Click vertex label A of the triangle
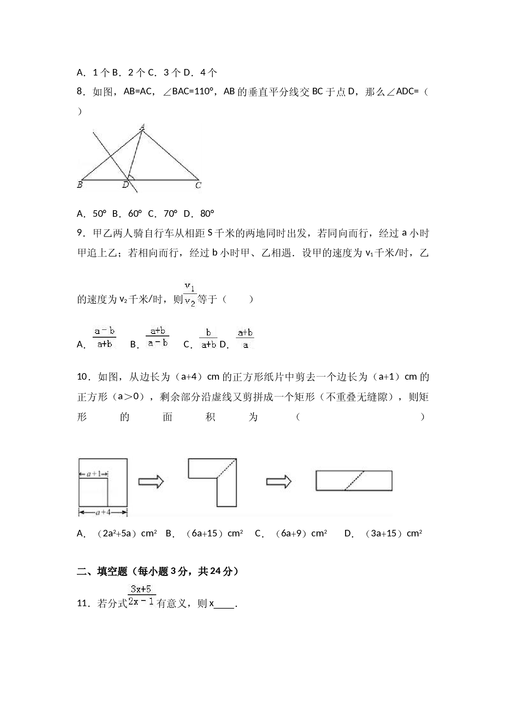click(x=142, y=127)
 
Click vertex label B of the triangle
click(x=80, y=185)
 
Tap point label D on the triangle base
click(x=126, y=185)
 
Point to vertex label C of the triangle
click(x=198, y=185)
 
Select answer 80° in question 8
click(x=207, y=213)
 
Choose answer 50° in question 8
click(x=100, y=213)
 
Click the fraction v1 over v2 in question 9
click(x=190, y=294)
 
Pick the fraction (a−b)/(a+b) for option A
click(x=104, y=338)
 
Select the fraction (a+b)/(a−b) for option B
click(x=158, y=337)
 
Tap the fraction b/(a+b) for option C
click(x=209, y=338)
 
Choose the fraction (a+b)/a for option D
click(x=245, y=338)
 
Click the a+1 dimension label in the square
click(x=93, y=474)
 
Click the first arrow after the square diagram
click(x=151, y=482)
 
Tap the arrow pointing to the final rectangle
click(x=279, y=482)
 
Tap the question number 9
click(x=81, y=233)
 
